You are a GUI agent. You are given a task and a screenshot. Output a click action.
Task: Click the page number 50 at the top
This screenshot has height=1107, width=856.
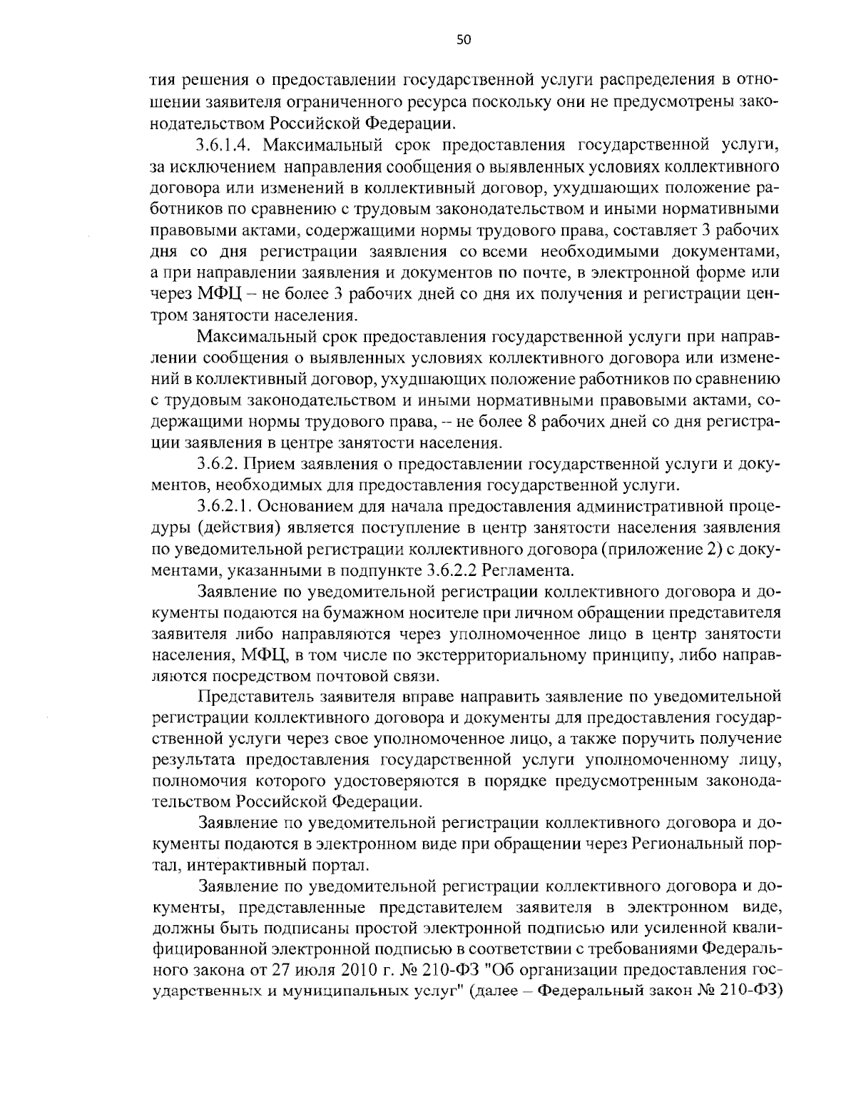(463, 40)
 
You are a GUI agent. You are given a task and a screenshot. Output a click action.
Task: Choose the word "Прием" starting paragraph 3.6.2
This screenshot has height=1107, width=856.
(267, 465)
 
